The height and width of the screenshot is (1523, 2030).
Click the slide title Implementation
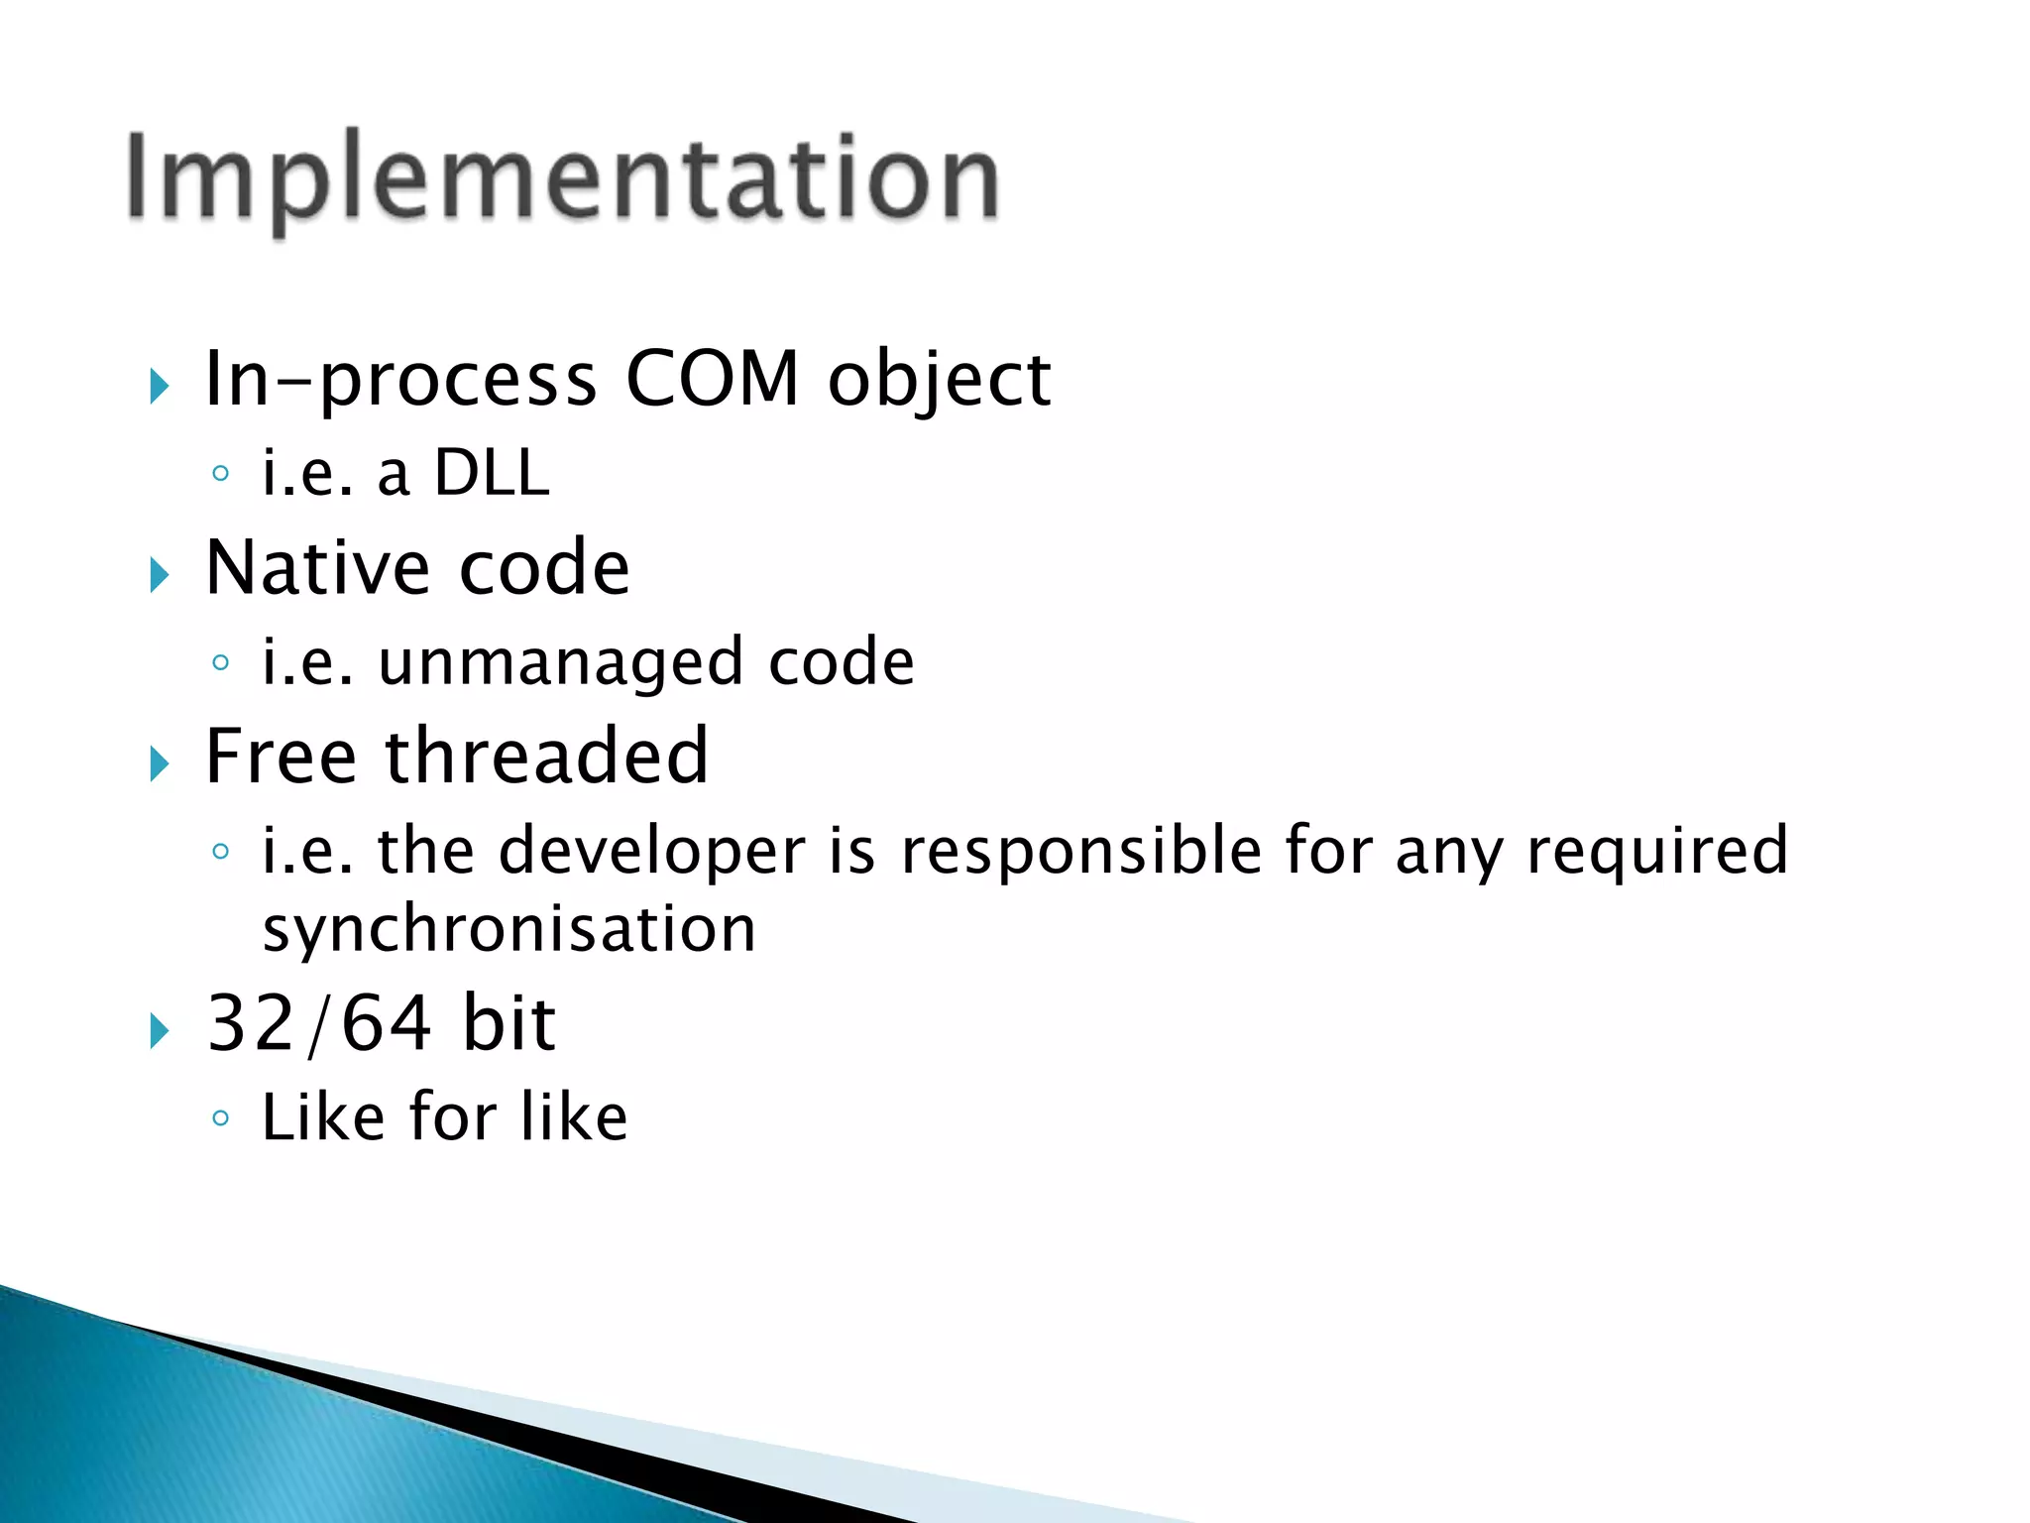coord(563,178)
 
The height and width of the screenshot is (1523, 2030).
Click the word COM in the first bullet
coord(712,379)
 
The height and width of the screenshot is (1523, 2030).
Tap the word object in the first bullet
coord(939,381)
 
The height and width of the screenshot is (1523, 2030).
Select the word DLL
coord(492,473)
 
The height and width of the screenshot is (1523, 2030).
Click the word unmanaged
coord(560,662)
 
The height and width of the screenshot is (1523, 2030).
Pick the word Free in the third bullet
coord(281,756)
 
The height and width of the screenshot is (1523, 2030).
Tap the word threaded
coord(546,756)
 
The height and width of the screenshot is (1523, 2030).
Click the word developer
coord(651,852)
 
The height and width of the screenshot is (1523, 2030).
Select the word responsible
coord(1080,852)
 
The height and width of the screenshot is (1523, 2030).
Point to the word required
coord(1657,852)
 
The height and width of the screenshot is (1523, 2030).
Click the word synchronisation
coord(508,930)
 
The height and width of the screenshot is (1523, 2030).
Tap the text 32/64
coord(318,1023)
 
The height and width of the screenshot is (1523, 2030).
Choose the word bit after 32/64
coord(508,1023)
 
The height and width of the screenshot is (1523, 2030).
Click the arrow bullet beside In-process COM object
coord(160,386)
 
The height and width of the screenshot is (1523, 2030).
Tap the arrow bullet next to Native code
coord(160,574)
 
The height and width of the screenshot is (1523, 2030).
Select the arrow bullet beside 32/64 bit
coord(160,1030)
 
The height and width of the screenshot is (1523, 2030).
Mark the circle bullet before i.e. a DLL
coord(220,474)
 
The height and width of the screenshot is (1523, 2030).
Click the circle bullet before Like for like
coord(220,1118)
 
